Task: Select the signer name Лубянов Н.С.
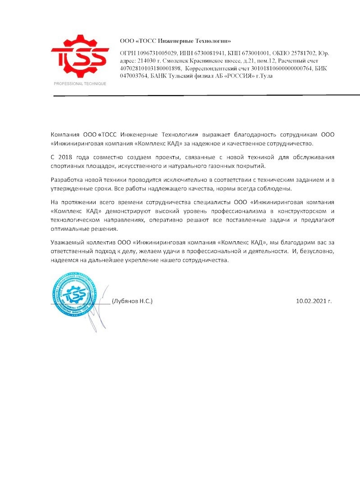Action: [132, 300]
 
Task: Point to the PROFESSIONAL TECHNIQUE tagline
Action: [80, 84]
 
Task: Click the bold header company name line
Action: [175, 40]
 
